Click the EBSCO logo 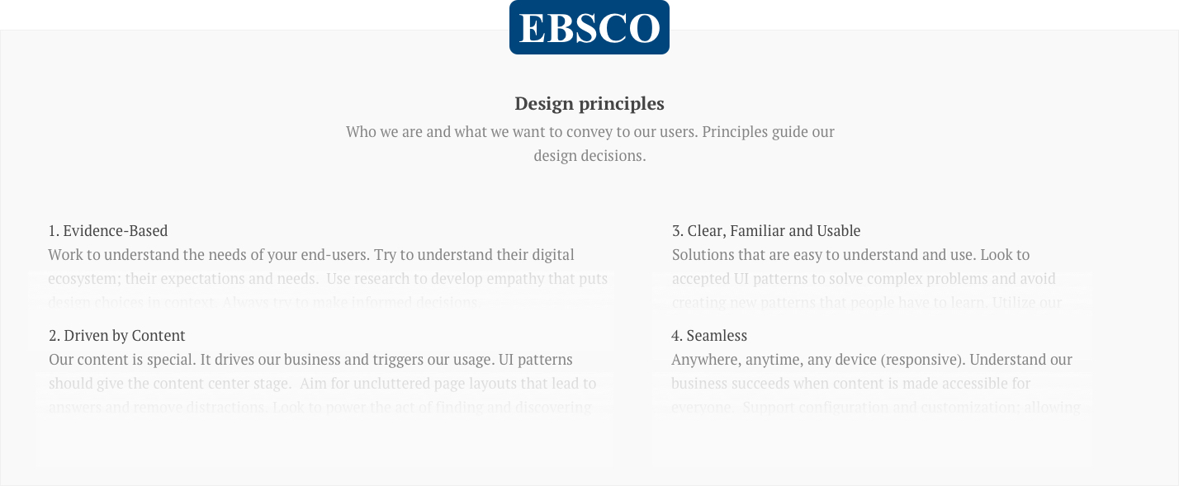click(x=589, y=27)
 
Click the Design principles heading click(x=589, y=103)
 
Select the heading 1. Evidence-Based click(x=108, y=231)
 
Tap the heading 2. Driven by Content click(x=116, y=336)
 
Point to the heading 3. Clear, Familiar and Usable click(x=766, y=231)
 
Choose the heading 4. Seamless click(x=709, y=336)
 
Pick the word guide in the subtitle click(x=791, y=132)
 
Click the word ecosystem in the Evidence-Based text click(x=83, y=279)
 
